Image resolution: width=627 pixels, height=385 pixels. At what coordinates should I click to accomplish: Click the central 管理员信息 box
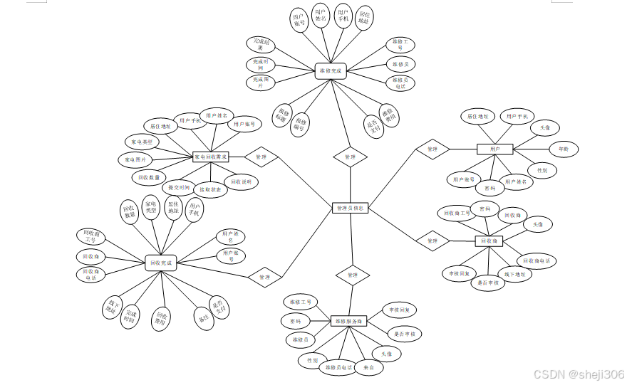coord(351,209)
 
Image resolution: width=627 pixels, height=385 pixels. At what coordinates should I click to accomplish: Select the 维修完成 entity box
coord(330,71)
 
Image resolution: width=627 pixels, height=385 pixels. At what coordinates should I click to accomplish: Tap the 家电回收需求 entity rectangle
coord(211,157)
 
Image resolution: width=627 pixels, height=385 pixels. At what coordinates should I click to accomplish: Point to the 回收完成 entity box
coord(161,263)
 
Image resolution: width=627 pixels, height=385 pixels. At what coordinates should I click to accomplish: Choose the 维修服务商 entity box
coord(349,322)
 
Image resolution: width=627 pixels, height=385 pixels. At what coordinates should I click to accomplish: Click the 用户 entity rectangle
coord(494,149)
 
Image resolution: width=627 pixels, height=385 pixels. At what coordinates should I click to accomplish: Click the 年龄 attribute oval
coord(564,149)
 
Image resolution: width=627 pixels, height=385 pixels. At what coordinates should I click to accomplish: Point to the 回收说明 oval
coord(242,182)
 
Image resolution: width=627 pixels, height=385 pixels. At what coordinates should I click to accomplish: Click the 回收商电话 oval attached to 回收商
coord(537,261)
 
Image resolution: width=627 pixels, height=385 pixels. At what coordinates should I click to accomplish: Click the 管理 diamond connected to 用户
coord(432,149)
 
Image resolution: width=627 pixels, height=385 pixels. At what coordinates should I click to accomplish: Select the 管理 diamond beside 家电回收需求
coord(261,157)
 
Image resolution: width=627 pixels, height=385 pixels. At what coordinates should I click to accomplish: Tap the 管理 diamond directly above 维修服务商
coord(352,274)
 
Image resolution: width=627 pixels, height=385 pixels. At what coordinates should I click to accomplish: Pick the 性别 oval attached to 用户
coord(542,171)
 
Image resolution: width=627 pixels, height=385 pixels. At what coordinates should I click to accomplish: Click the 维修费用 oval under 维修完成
coord(389,116)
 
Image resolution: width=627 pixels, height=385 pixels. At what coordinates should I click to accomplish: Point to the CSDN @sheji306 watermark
coord(579,374)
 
